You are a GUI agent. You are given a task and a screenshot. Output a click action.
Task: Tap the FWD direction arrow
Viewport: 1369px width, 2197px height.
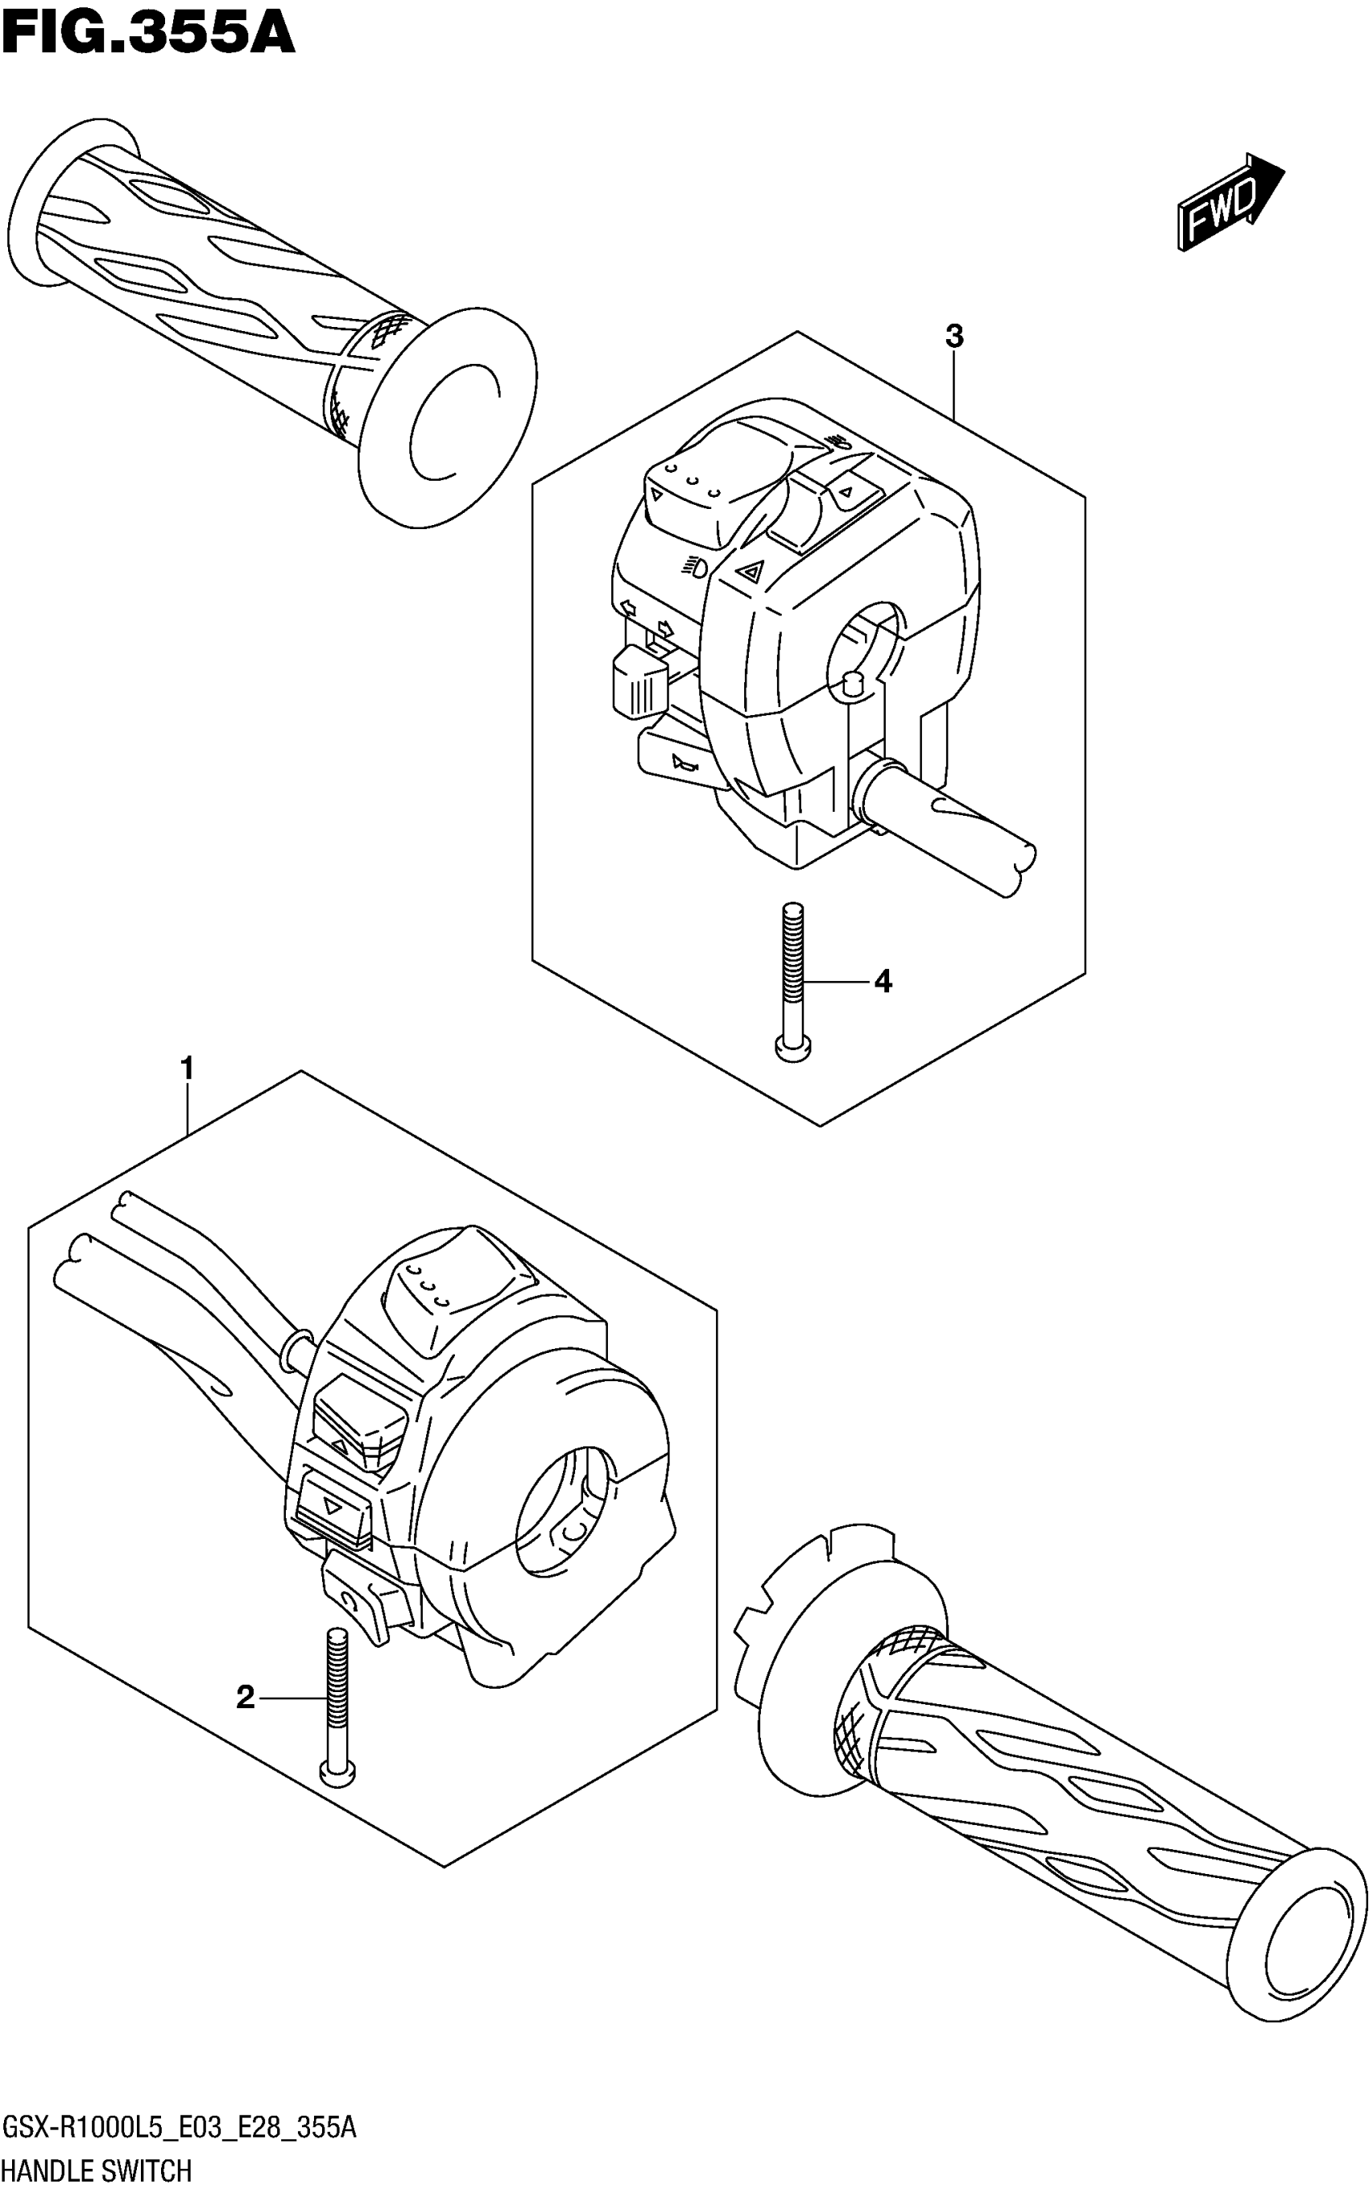point(1230,201)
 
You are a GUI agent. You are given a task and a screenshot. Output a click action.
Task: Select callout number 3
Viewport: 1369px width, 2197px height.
point(953,337)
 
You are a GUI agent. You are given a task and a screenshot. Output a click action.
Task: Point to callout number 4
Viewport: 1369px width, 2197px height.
point(883,981)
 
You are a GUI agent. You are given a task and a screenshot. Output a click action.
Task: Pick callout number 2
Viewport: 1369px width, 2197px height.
point(245,1698)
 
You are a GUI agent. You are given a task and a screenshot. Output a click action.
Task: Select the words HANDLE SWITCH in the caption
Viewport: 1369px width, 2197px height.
point(97,2170)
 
